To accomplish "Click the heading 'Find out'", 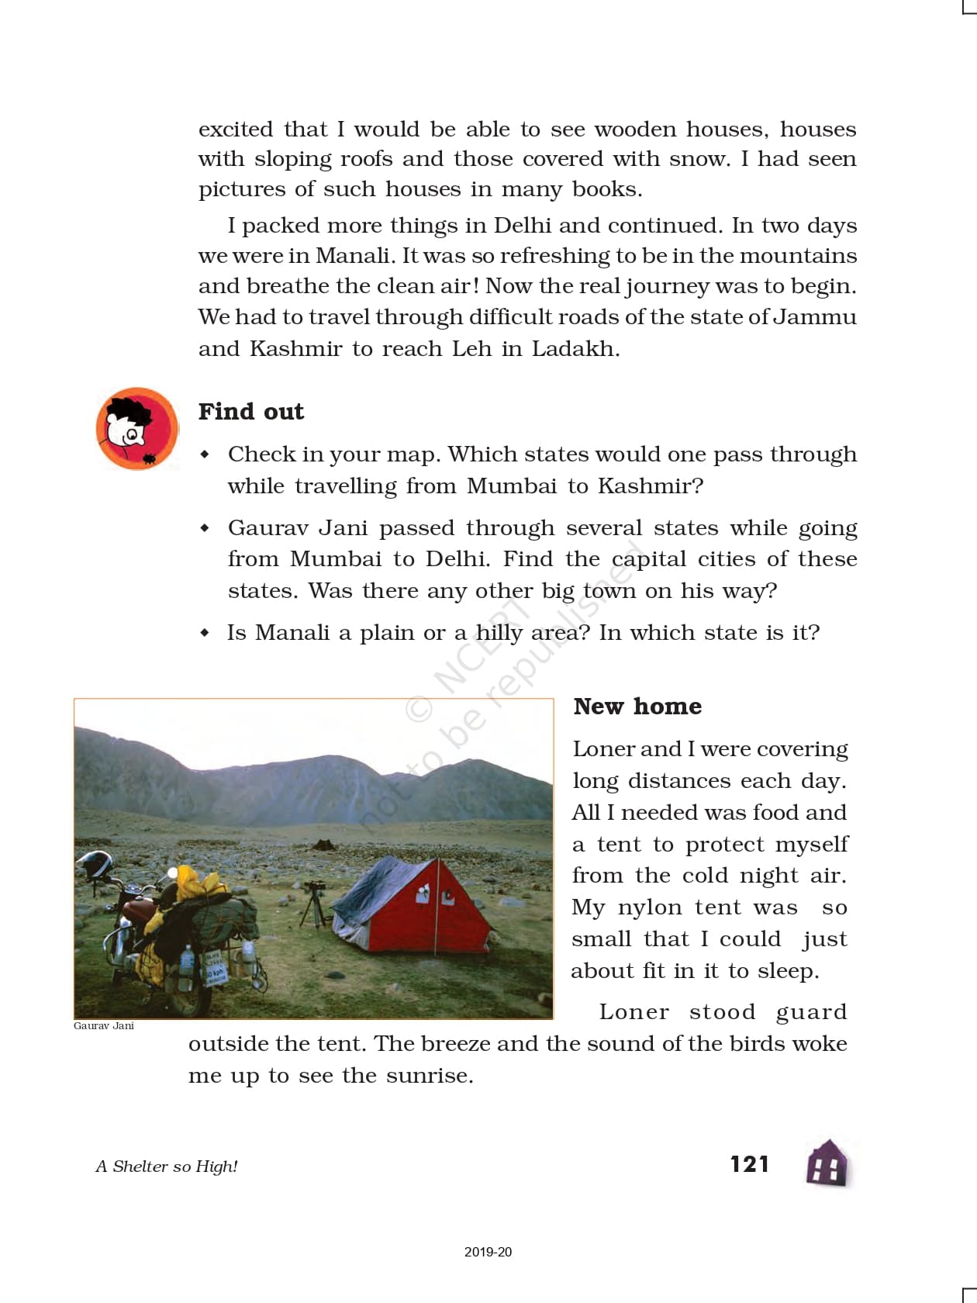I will pos(250,412).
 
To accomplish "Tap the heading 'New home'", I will pos(637,707).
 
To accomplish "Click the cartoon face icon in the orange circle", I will pos(136,429).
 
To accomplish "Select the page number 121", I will pos(749,1164).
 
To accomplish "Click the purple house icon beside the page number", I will pos(828,1163).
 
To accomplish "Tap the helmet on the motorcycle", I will pos(95,864).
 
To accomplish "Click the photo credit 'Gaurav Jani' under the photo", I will pos(104,1026).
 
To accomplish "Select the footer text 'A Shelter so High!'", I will pos(167,1166).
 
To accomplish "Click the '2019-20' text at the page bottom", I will pos(488,1252).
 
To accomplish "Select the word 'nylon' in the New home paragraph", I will pos(648,907).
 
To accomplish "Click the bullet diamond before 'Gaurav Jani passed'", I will pos(205,528).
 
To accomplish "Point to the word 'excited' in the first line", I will pos(236,130).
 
